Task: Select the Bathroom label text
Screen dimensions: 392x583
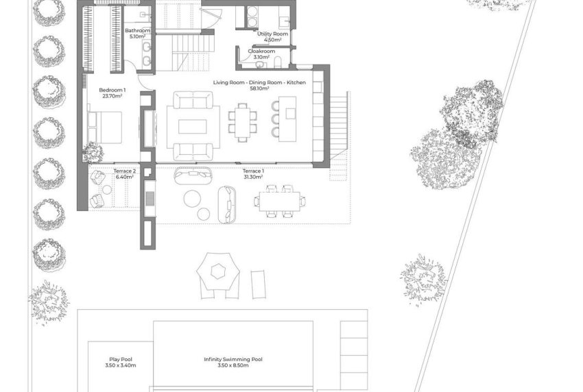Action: click(x=137, y=31)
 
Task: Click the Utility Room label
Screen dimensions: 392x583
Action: click(x=272, y=34)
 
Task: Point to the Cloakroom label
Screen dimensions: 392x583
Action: click(x=261, y=51)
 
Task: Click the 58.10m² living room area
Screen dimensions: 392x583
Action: click(x=259, y=89)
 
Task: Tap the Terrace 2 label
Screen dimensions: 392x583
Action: click(x=124, y=171)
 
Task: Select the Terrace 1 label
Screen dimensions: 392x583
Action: click(x=253, y=171)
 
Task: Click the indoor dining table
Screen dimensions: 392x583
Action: click(x=243, y=122)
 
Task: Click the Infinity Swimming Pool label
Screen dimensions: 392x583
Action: click(x=233, y=359)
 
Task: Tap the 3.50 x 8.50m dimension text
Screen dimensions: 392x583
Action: click(x=233, y=366)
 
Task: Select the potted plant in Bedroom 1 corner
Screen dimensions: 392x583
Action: click(x=92, y=152)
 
